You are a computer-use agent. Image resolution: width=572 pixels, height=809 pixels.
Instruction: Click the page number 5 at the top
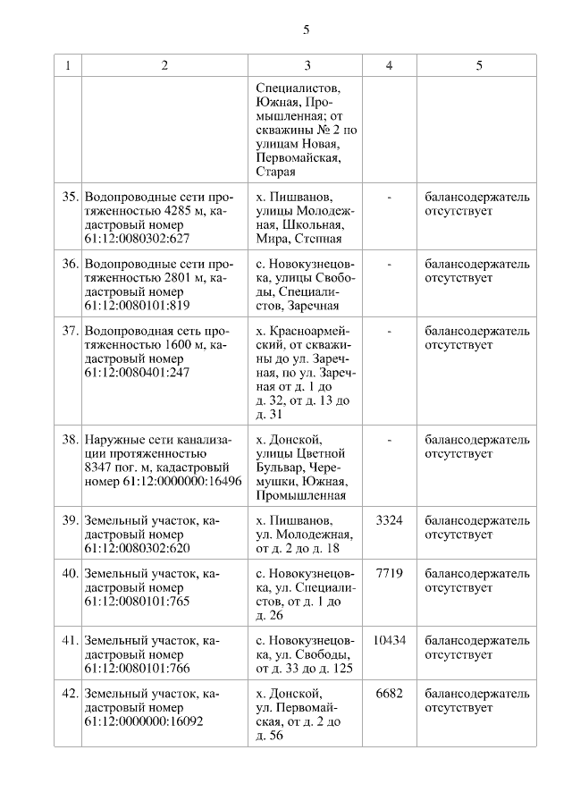pyautogui.click(x=307, y=29)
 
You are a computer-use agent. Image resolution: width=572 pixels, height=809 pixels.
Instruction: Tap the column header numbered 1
pyautogui.click(x=68, y=66)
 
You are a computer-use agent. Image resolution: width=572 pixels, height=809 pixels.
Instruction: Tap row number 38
pyautogui.click(x=71, y=440)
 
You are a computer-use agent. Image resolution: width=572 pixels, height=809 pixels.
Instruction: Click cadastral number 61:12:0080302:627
pyautogui.click(x=137, y=240)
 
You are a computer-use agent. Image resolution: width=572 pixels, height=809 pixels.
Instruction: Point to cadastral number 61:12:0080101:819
pyautogui.click(x=137, y=307)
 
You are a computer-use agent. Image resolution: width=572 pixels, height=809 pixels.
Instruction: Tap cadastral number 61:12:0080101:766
pyautogui.click(x=137, y=669)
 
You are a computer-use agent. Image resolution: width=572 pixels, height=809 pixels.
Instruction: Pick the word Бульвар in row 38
pyautogui.click(x=279, y=468)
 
